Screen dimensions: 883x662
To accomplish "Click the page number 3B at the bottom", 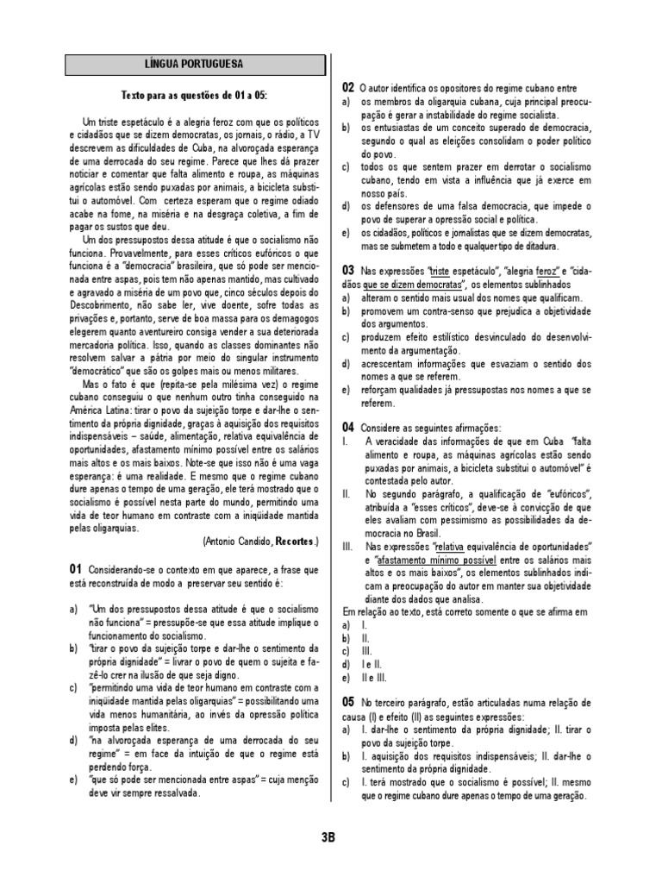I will click(x=327, y=836).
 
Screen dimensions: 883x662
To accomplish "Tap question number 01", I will click(x=74, y=570).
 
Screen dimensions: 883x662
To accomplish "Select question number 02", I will click(x=347, y=88).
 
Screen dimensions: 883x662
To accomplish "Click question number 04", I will click(x=347, y=427).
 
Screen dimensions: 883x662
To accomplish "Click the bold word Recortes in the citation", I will click(x=295, y=542).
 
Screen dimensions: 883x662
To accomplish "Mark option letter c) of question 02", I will click(x=345, y=166).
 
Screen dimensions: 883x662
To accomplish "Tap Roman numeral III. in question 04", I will click(x=348, y=547).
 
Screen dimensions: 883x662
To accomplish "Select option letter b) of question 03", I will click(x=345, y=310).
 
